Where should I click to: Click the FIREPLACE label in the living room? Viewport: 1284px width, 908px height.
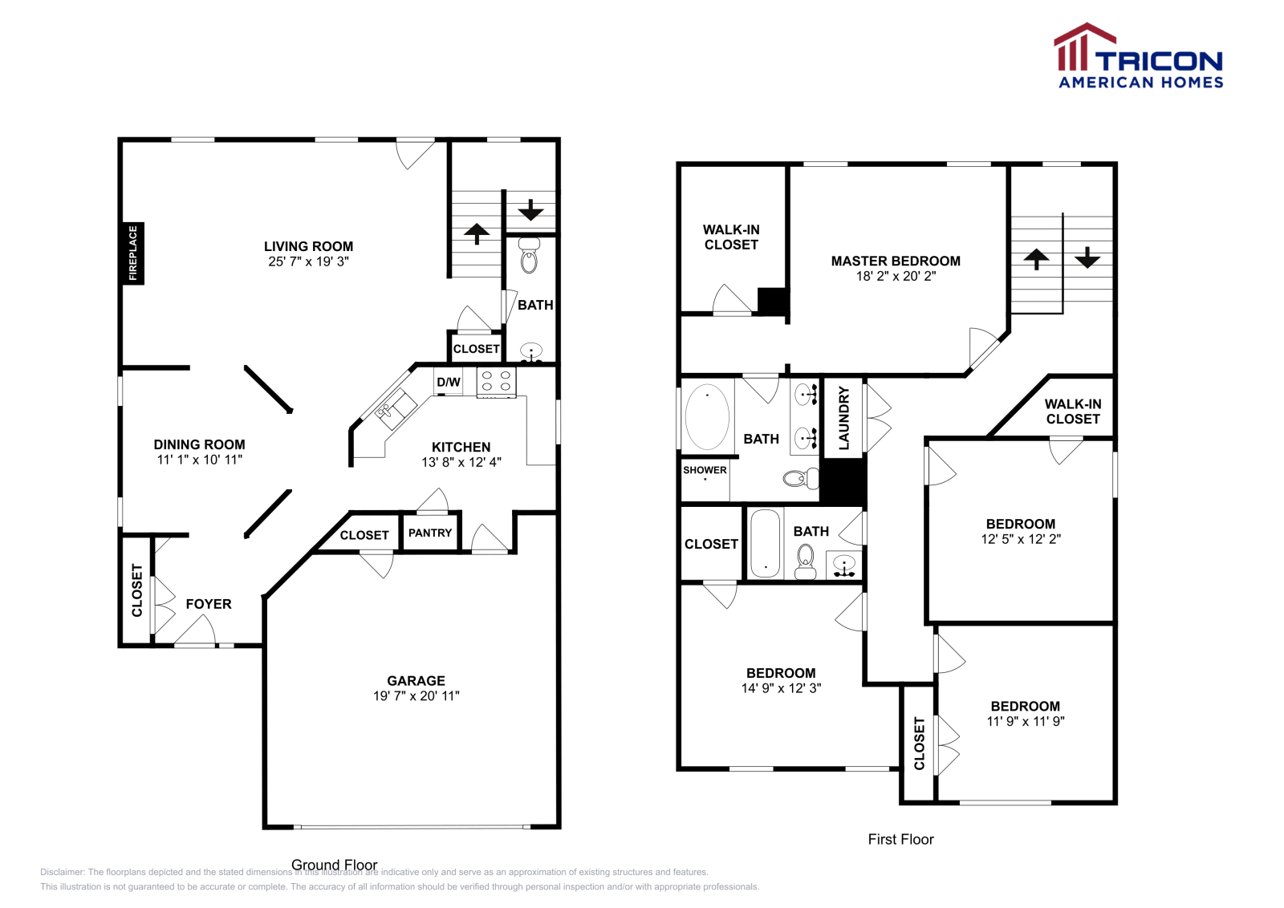tap(133, 253)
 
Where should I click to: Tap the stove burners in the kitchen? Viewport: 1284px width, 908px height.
tap(496, 381)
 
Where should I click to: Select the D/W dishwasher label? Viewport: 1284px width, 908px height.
tap(449, 382)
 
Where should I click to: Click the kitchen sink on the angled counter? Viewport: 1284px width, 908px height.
tap(396, 407)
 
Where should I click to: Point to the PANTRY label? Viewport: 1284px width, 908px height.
tap(430, 533)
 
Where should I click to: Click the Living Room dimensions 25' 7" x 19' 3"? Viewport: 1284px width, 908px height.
tap(308, 261)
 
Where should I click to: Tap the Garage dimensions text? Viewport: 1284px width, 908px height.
tap(416, 696)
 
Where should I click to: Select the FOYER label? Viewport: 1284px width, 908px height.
tap(209, 604)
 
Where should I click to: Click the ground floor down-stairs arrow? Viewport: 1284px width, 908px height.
tap(530, 211)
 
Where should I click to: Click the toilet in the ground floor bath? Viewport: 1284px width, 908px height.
tap(529, 257)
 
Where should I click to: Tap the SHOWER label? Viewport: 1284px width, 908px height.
tap(705, 470)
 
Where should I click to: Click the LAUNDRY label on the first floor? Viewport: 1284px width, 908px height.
tap(843, 417)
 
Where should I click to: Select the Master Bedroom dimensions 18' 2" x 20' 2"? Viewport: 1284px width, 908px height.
tap(896, 276)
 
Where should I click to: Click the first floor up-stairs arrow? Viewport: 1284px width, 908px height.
tap(1036, 258)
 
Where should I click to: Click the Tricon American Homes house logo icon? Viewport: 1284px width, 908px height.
tap(1083, 48)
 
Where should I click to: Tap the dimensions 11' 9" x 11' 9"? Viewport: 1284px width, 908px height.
tap(1026, 721)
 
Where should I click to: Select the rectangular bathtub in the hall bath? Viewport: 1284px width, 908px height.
tap(765, 543)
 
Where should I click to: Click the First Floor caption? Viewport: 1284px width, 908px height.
tap(900, 839)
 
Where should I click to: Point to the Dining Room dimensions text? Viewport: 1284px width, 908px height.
tap(199, 460)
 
